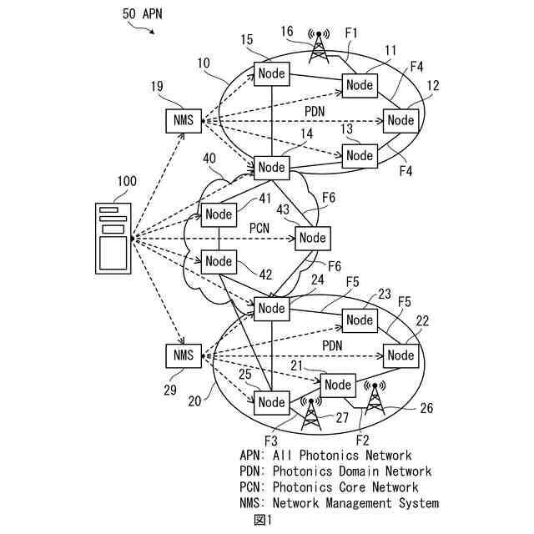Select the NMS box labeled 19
[x=184, y=120]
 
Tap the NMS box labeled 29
[x=184, y=355]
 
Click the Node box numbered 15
[x=272, y=73]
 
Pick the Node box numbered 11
[x=360, y=85]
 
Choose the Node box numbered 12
[x=400, y=120]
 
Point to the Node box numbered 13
[x=360, y=155]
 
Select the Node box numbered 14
[x=272, y=167]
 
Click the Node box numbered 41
[x=219, y=214]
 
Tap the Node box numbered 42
[x=219, y=261]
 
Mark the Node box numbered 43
[x=312, y=238]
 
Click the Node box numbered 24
[x=272, y=308]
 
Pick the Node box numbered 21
[x=338, y=385]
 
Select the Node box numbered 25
[x=272, y=402]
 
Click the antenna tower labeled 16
[x=318, y=47]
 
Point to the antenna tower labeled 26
[x=374, y=399]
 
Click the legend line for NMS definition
[x=339, y=503]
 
